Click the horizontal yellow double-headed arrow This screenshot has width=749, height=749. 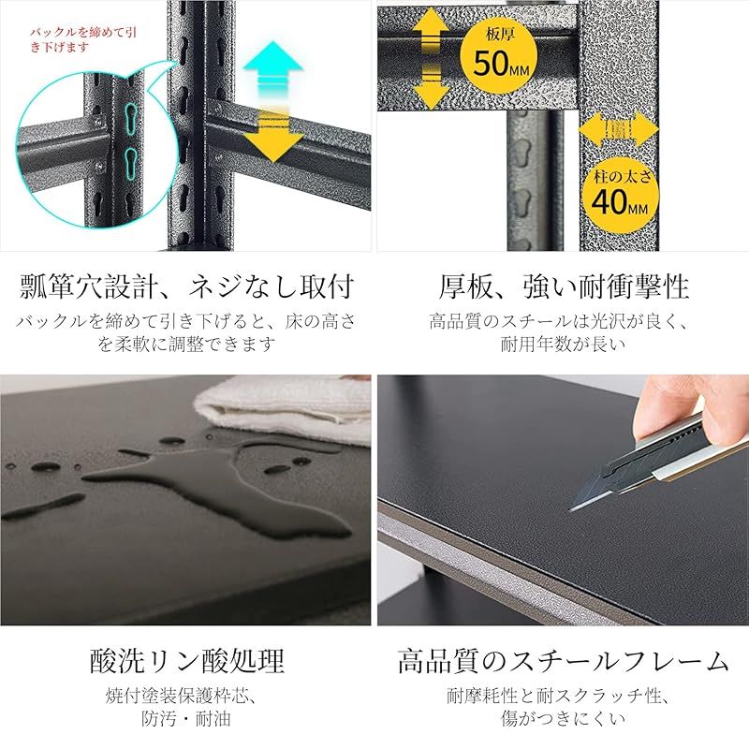point(618,129)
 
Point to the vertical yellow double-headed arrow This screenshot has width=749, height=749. point(430,57)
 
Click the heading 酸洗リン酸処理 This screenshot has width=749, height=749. point(186,661)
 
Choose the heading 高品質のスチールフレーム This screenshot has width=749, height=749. point(563,661)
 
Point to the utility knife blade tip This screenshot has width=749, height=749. point(573,508)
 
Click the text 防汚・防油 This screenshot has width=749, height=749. point(186,720)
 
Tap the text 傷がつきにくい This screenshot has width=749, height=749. point(563,720)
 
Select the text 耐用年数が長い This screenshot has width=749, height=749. point(563,344)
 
